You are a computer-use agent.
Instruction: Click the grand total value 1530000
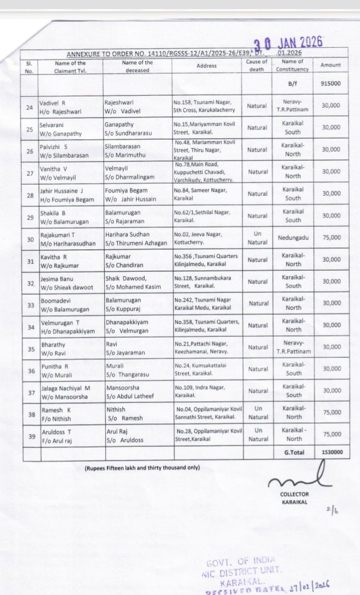pyautogui.click(x=330, y=453)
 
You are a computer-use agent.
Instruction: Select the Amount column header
pyautogui.click(x=330, y=65)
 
